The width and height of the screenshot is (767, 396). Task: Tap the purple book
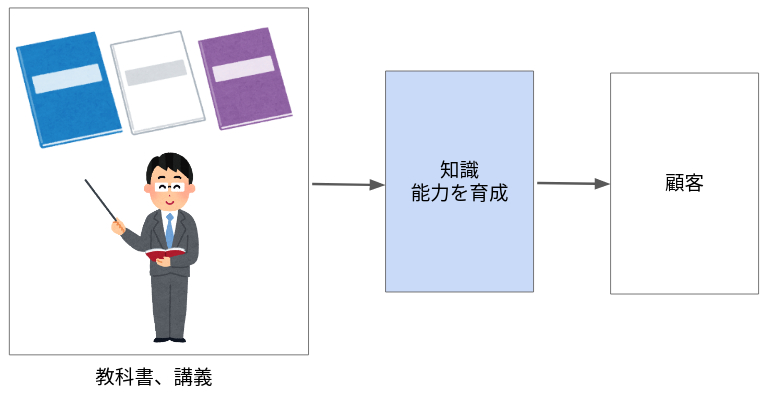[244, 78]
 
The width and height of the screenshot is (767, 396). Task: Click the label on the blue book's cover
[67, 78]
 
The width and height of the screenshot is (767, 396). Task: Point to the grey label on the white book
[155, 71]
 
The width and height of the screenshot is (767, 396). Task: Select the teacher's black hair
[168, 164]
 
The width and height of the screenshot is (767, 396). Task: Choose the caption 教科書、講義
[154, 377]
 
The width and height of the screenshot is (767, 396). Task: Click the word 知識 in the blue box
[459, 171]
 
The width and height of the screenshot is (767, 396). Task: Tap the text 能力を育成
[459, 194]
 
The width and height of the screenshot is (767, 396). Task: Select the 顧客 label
[684, 183]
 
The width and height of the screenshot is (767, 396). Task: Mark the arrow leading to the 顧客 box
[573, 183]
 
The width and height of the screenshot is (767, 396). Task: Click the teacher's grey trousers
[169, 300]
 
